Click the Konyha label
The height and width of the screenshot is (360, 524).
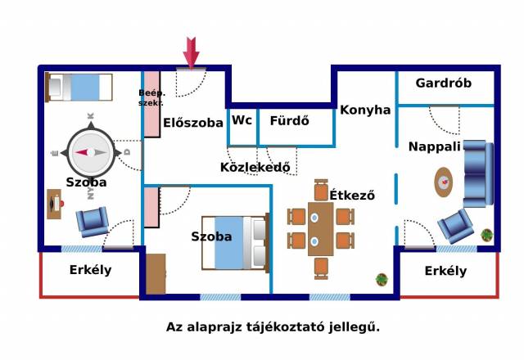(x=365, y=110)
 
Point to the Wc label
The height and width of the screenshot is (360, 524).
(x=242, y=120)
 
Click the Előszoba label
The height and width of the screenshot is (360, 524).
(x=193, y=124)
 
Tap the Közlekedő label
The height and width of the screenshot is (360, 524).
(x=256, y=168)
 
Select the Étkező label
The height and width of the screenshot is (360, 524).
(x=352, y=196)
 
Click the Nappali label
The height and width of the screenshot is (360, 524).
(x=435, y=146)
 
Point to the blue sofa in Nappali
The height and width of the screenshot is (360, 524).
(x=478, y=174)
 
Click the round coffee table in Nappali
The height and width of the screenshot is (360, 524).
(x=443, y=180)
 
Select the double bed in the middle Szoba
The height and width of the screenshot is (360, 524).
(x=235, y=243)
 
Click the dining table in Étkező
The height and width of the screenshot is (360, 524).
(x=320, y=228)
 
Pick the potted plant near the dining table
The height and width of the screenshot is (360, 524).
(x=382, y=280)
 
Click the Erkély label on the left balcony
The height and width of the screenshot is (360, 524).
(x=91, y=271)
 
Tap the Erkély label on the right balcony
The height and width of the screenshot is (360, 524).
(x=445, y=271)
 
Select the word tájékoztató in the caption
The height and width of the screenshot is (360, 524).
(x=282, y=326)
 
